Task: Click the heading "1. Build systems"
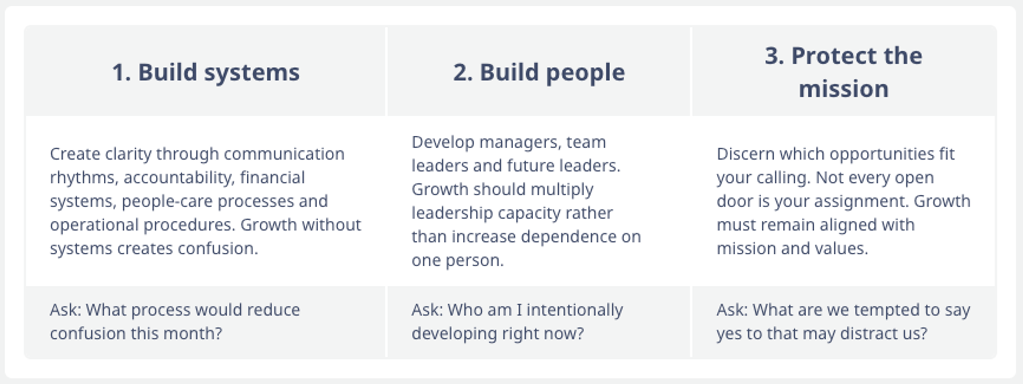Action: [x=206, y=72]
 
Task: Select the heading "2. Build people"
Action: [x=539, y=72]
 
